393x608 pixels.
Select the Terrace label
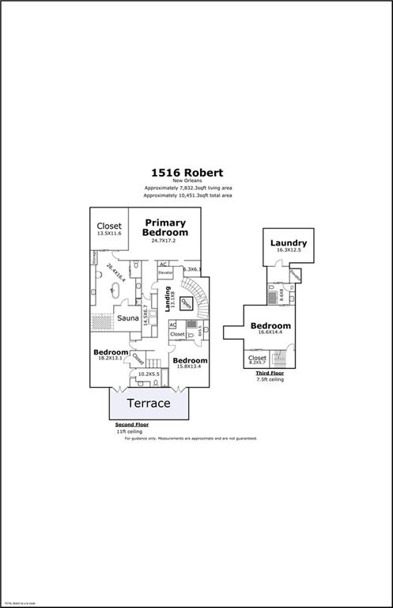pos(149,403)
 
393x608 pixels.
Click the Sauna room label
pos(128,318)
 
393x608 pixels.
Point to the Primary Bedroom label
pos(165,228)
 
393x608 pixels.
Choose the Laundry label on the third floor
pos(288,242)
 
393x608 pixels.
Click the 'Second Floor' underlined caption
pos(131,425)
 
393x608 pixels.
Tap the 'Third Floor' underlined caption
pos(270,373)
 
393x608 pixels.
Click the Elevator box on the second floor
pos(165,273)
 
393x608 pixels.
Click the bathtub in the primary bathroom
pos(103,280)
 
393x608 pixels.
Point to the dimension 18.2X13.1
pos(110,359)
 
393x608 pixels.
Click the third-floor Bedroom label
pos(270,326)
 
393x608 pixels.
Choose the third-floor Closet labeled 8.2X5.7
pos(258,358)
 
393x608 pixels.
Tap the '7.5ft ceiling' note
pos(270,380)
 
